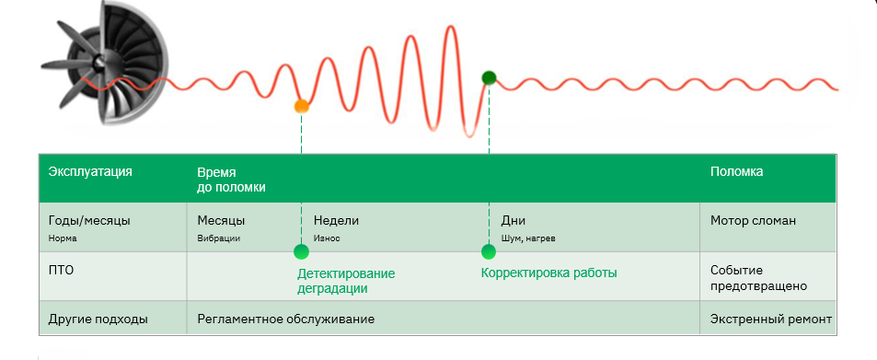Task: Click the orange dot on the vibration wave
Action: point(302,106)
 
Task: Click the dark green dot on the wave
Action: point(490,77)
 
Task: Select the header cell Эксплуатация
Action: point(90,171)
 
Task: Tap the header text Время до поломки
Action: point(231,180)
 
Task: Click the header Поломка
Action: point(736,171)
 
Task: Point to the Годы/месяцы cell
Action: point(89,221)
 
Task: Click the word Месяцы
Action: point(221,221)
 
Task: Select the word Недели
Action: point(336,221)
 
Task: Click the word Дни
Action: point(514,221)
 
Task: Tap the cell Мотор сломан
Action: point(753,221)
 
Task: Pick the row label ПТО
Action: point(61,271)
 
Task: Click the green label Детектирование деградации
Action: point(346,281)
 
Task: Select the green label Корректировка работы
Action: point(549,273)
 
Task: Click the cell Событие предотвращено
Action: point(758,278)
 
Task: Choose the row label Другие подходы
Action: point(98,319)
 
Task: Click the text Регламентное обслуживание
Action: point(286,319)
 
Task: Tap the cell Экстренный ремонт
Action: point(771,319)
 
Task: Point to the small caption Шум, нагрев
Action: point(528,238)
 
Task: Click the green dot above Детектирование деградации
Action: point(302,251)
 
